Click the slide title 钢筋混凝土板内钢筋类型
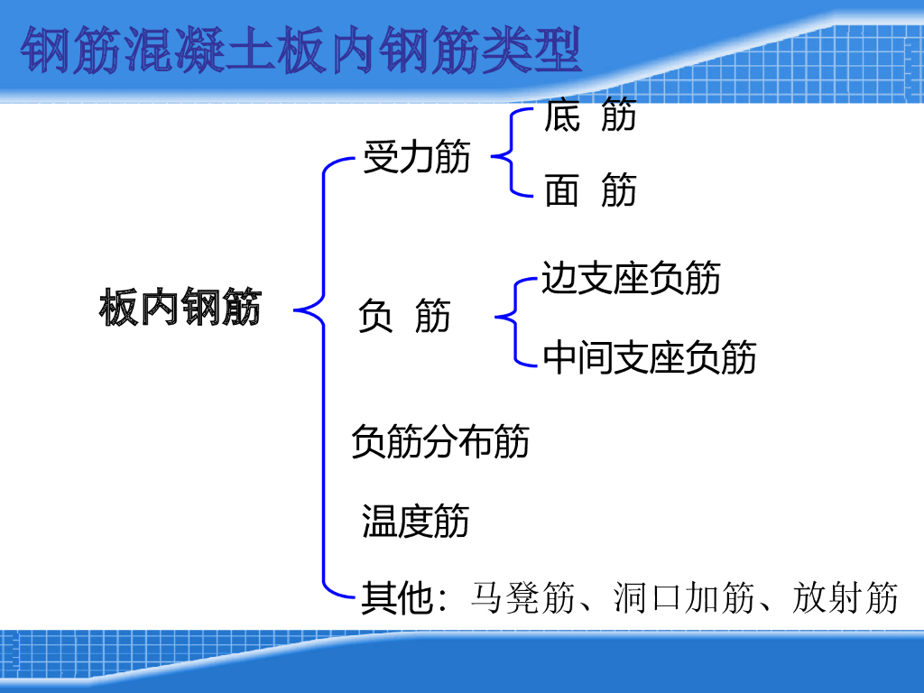coord(301,51)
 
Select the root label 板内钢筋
coord(180,309)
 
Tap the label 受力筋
coord(416,156)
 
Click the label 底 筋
coord(590,116)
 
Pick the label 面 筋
coord(590,190)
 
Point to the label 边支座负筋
coord(631,278)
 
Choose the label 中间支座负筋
coord(650,357)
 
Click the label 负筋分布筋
coord(439,441)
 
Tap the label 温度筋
coord(415,521)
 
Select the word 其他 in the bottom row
coord(397,598)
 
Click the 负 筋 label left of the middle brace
coord(403,317)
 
